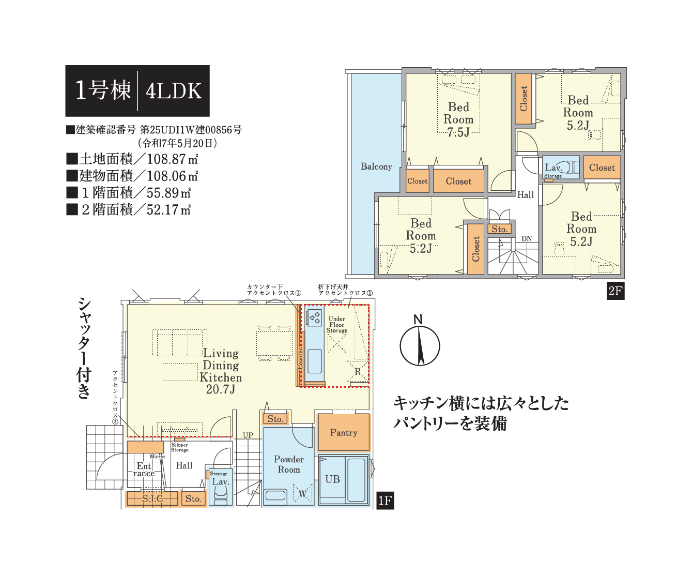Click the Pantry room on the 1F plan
[343, 432]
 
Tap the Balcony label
[376, 167]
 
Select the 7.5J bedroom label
[458, 119]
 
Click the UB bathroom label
[332, 479]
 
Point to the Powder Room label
[289, 464]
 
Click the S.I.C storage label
[152, 498]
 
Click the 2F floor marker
[616, 291]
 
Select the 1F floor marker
[385, 501]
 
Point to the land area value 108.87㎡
[172, 159]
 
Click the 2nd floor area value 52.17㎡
[168, 209]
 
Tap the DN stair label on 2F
[526, 239]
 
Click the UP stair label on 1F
[248, 435]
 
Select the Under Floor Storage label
[337, 325]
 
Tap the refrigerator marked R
[358, 371]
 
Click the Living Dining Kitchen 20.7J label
[221, 371]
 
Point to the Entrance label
[144, 470]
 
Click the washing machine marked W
[302, 494]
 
